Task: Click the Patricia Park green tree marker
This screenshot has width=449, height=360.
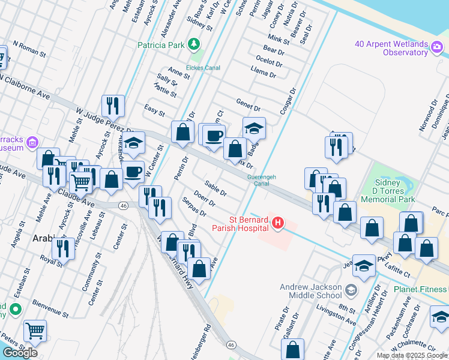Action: [194, 44]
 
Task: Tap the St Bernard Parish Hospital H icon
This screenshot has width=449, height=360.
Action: [277, 223]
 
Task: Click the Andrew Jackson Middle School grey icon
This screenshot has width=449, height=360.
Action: [351, 291]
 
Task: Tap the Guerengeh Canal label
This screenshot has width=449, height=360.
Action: [261, 180]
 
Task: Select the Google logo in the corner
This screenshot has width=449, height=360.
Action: [20, 353]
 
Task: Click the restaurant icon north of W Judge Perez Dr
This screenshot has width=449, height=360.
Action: [113, 106]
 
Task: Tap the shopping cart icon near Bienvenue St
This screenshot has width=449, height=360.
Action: [35, 331]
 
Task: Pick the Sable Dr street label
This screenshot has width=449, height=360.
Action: [215, 188]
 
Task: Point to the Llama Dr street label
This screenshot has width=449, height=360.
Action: [264, 74]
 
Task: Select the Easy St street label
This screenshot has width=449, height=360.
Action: [154, 109]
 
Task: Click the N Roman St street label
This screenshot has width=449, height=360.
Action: [29, 49]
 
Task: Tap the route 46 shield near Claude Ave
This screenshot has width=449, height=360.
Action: [123, 205]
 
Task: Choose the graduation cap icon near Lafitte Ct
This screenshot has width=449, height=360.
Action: [364, 265]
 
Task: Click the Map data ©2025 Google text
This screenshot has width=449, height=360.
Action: [412, 355]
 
